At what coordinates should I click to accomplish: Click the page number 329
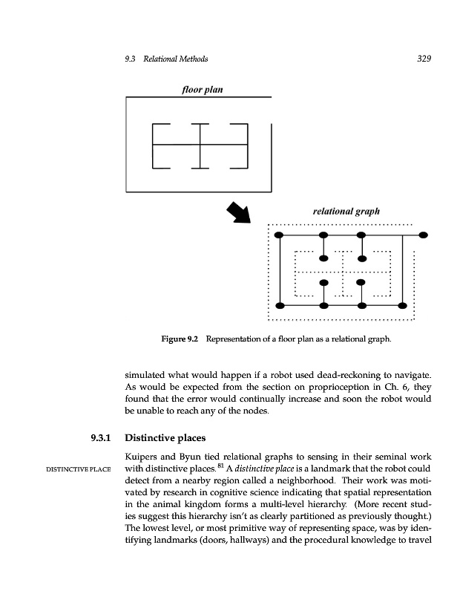[424, 59]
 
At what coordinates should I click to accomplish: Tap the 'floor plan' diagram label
[203, 90]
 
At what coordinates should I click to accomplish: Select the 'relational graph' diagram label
[346, 211]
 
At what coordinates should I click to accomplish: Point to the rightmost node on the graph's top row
[423, 235]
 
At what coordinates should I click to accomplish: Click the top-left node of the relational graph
[278, 235]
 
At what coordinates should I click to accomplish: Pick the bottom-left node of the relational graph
[278, 306]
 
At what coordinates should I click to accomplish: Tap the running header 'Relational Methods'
[177, 59]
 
